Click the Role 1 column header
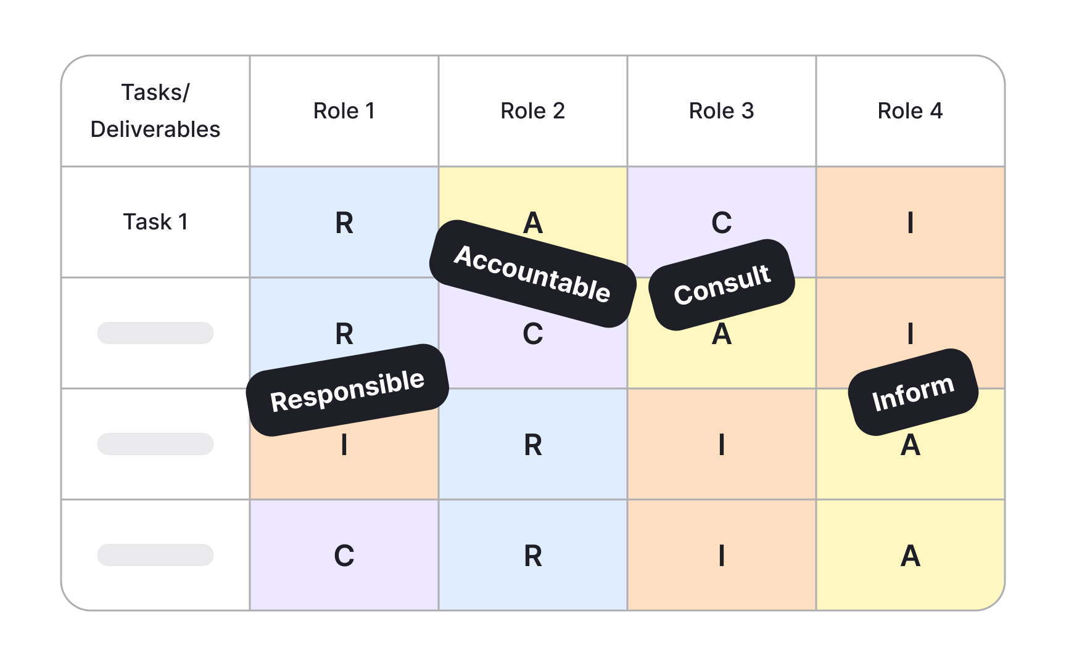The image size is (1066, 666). tap(344, 111)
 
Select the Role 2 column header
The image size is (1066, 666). tap(533, 111)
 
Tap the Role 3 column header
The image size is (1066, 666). tap(721, 111)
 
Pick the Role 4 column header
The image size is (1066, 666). tap(910, 111)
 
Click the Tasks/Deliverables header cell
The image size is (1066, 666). tap(155, 111)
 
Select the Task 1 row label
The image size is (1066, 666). tap(155, 222)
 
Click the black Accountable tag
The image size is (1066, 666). tap(532, 274)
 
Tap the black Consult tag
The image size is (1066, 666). tap(722, 285)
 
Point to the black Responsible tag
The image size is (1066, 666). tap(347, 390)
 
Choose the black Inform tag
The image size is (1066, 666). tap(913, 392)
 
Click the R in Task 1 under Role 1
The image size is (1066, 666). tap(344, 223)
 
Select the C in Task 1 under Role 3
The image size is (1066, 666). tap(721, 223)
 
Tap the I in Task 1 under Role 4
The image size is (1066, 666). tap(910, 223)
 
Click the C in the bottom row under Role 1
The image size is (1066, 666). tap(344, 556)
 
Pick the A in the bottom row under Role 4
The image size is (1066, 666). tap(910, 556)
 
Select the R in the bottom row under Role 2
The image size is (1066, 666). tap(533, 556)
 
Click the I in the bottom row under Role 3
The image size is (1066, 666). tap(721, 556)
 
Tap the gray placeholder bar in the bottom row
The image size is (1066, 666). tap(155, 555)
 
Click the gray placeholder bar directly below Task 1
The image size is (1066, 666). tap(155, 333)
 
